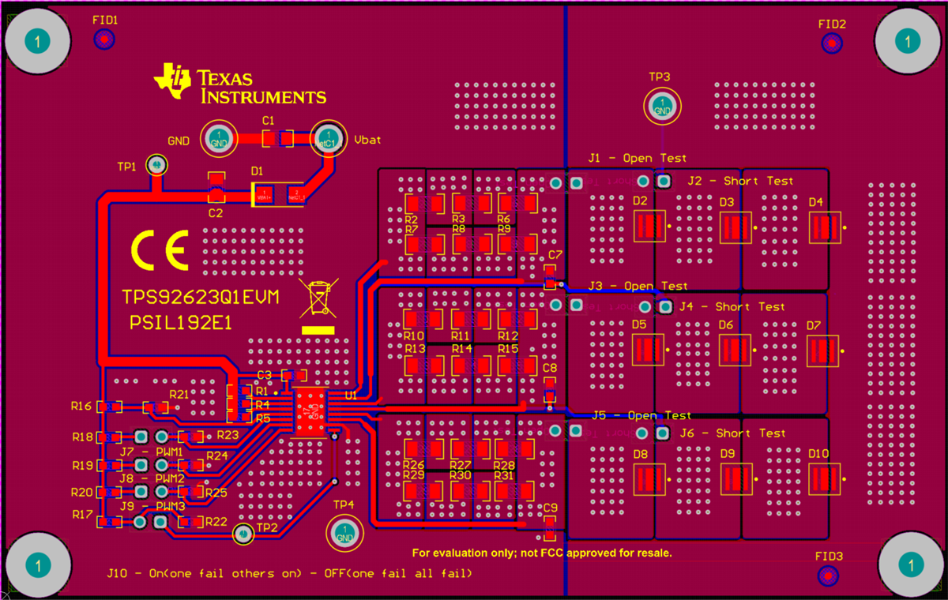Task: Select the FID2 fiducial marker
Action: point(831,43)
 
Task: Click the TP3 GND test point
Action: point(660,105)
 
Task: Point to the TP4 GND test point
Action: point(344,533)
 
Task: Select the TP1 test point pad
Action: point(156,164)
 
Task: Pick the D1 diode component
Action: point(278,193)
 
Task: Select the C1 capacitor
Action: point(277,139)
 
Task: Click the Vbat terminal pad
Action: point(327,140)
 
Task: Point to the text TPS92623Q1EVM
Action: point(200,298)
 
